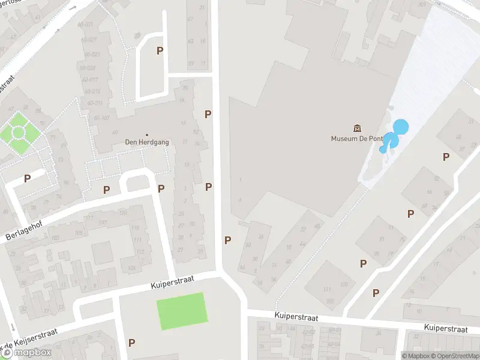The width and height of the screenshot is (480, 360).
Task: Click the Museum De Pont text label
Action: coord(357,138)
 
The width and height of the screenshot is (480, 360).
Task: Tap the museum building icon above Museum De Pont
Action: coord(358,128)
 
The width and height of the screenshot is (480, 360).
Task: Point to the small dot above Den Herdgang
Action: coord(146,135)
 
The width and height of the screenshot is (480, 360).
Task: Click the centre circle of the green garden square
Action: coord(18,131)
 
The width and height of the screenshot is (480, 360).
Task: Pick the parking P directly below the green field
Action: coord(131,343)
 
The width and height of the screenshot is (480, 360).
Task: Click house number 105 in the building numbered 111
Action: coord(344,284)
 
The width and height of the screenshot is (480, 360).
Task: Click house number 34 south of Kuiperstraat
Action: coord(379,332)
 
